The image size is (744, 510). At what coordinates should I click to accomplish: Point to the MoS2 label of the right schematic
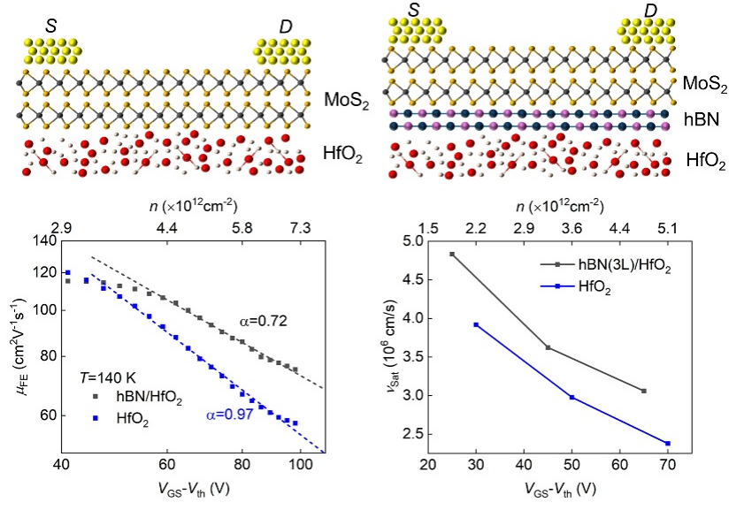tap(705, 85)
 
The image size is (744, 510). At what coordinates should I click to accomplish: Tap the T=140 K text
tap(111, 375)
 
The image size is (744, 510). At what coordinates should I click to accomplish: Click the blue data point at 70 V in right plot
tap(667, 443)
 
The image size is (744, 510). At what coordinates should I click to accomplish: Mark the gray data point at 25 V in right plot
tap(452, 255)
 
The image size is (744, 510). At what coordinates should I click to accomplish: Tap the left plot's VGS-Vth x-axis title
tap(181, 488)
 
